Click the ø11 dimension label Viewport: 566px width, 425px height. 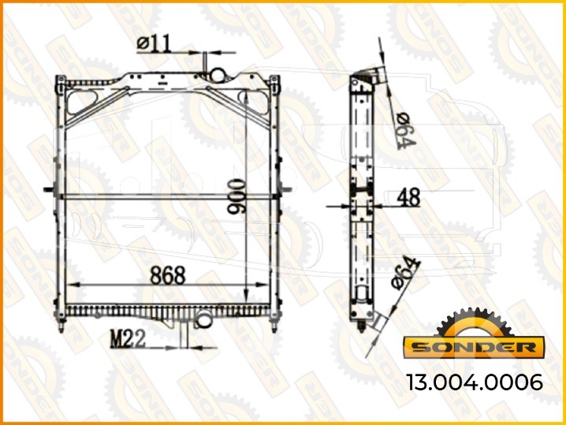click(155, 43)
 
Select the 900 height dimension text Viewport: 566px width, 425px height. click(236, 196)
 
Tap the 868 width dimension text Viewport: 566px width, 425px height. click(168, 275)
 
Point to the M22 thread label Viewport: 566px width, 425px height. click(128, 339)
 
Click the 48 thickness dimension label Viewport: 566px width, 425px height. click(408, 197)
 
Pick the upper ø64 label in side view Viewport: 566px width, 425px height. click(406, 131)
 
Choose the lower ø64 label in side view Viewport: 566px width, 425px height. click(406, 273)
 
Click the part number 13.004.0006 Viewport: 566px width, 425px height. click(475, 382)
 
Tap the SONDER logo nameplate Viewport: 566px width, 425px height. click(474, 347)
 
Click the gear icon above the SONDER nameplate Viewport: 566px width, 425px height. click(474, 322)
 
